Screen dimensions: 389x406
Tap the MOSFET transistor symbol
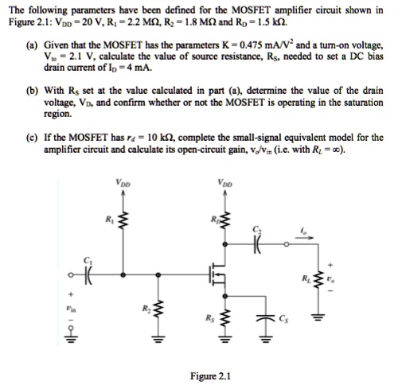(x=217, y=275)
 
